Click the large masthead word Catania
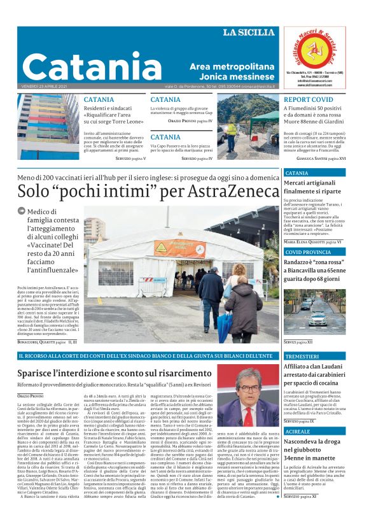pyautogui.click(x=93, y=66)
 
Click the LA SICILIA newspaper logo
pyautogui.click(x=249, y=32)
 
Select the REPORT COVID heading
pyautogui.click(x=308, y=100)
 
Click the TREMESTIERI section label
pyautogui.click(x=303, y=357)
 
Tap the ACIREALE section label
pyautogui.click(x=298, y=431)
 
